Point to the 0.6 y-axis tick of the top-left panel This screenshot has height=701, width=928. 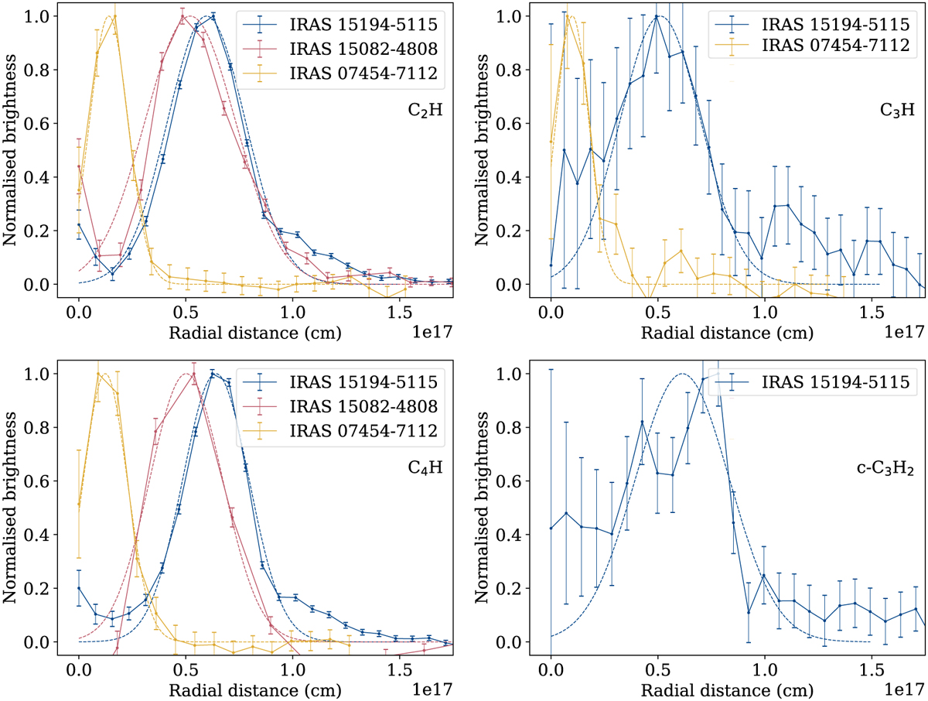click(x=40, y=123)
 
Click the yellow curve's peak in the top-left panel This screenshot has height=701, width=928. click(x=114, y=16)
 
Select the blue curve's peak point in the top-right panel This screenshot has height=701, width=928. click(x=657, y=16)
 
